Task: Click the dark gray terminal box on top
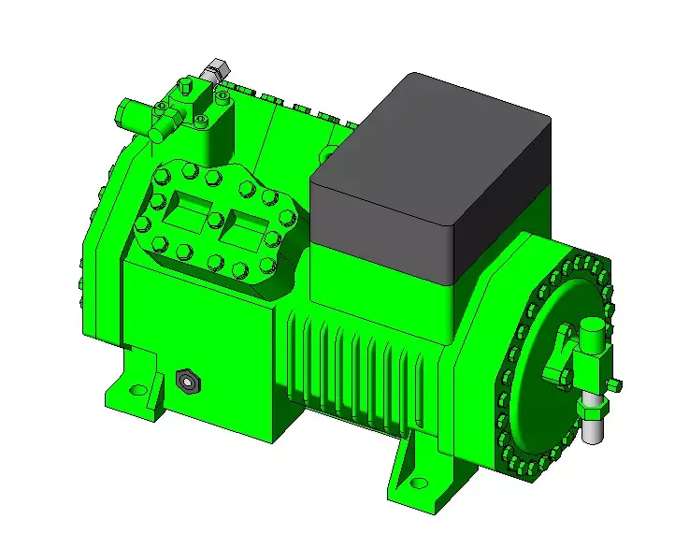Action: click(x=430, y=178)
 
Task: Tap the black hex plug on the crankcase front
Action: click(x=186, y=380)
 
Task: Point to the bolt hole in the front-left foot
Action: click(x=137, y=390)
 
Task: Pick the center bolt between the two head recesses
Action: click(x=215, y=220)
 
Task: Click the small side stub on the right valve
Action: click(x=613, y=383)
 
